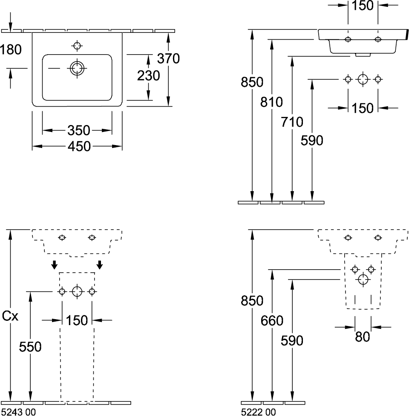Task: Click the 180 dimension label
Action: [11, 49]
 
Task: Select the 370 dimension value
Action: [168, 58]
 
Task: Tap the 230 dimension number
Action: [148, 76]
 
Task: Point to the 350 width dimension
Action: [78, 130]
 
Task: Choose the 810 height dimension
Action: [272, 102]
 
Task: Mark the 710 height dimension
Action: [292, 122]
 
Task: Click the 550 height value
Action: [31, 347]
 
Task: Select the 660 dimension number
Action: [272, 320]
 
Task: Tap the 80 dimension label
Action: [362, 337]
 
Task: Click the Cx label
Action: [10, 316]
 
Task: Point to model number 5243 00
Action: [19, 412]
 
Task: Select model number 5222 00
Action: [258, 412]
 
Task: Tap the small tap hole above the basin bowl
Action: [77, 45]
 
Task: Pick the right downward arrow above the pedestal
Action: [100, 265]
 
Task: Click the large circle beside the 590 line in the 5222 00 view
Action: [363, 279]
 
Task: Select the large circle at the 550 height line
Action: [77, 291]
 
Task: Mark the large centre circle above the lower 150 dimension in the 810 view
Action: [363, 79]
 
